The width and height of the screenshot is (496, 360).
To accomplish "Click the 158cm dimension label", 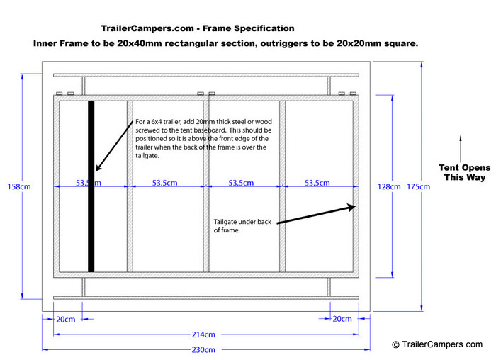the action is click(19, 186).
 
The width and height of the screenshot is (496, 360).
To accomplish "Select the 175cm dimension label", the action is click(418, 186).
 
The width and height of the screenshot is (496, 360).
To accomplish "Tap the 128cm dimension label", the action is click(389, 186).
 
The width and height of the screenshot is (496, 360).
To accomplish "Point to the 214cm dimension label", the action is click(203, 334).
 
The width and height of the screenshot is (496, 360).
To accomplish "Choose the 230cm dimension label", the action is click(203, 349).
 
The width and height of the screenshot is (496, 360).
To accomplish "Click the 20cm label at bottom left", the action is click(66, 320).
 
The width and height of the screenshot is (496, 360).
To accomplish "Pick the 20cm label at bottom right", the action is click(342, 319).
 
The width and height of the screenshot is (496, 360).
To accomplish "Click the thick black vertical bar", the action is click(91, 186).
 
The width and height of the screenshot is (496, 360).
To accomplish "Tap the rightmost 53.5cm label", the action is click(317, 183).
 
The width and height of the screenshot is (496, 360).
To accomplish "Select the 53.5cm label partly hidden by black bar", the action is click(89, 183).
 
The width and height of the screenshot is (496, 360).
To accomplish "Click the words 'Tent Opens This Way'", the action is click(464, 172).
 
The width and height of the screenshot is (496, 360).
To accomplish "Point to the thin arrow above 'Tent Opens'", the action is click(461, 149).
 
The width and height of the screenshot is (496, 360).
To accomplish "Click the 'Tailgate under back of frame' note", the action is click(242, 226).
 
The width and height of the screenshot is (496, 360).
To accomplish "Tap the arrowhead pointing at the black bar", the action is click(98, 168).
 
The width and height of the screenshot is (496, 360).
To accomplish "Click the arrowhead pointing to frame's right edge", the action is click(351, 207).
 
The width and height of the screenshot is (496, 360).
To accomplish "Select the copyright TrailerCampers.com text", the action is click(437, 344).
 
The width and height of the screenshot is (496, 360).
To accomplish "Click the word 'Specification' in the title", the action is click(264, 28).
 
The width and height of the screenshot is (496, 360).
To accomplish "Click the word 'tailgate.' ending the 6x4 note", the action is click(147, 156).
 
